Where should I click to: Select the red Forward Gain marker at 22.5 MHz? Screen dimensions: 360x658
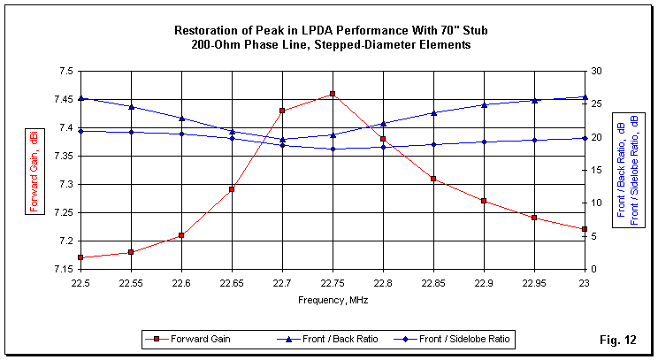click(x=80, y=257)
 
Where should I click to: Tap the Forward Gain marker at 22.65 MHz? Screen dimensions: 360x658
click(x=232, y=189)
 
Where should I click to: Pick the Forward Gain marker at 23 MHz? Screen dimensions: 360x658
click(x=585, y=229)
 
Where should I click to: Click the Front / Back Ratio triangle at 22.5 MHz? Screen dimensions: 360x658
click(x=80, y=98)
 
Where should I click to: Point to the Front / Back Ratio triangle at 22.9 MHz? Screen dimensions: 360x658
click(x=484, y=104)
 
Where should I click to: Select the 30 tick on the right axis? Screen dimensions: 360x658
click(x=598, y=71)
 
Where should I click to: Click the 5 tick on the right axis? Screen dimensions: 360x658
click(x=595, y=236)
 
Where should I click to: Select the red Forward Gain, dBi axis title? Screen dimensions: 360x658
click(x=34, y=169)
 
